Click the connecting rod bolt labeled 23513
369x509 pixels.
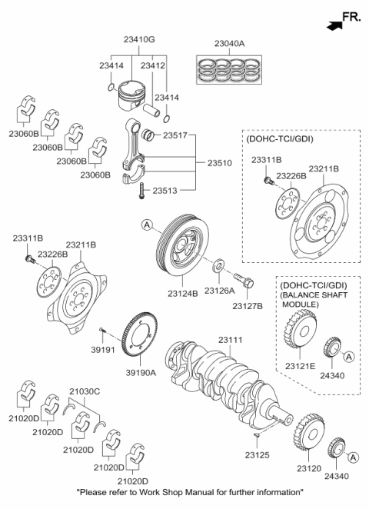[142, 195]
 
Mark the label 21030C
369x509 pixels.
[86, 391]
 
